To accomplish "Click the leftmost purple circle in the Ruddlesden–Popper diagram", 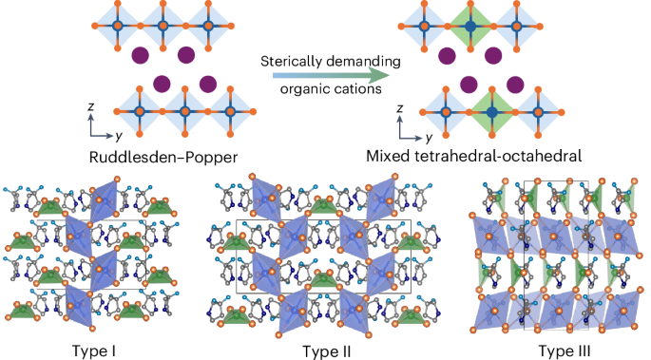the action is [x=141, y=54].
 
